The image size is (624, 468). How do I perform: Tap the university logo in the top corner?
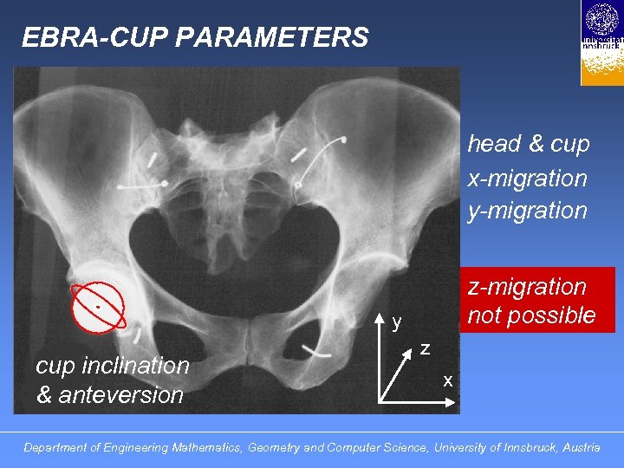point(601,42)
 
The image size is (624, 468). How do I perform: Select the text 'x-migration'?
point(527,179)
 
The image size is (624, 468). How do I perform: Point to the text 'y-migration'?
point(527,210)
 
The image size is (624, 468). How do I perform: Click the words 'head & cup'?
point(529,144)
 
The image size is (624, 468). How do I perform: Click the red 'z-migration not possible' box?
point(531,300)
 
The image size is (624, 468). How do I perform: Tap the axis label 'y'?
point(396,323)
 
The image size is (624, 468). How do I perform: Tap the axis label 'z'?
point(426,348)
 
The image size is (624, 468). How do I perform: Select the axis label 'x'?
point(447,380)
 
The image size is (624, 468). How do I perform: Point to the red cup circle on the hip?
point(99,307)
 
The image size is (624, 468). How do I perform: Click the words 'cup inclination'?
point(113,366)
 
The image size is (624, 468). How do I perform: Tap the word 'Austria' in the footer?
point(581,448)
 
